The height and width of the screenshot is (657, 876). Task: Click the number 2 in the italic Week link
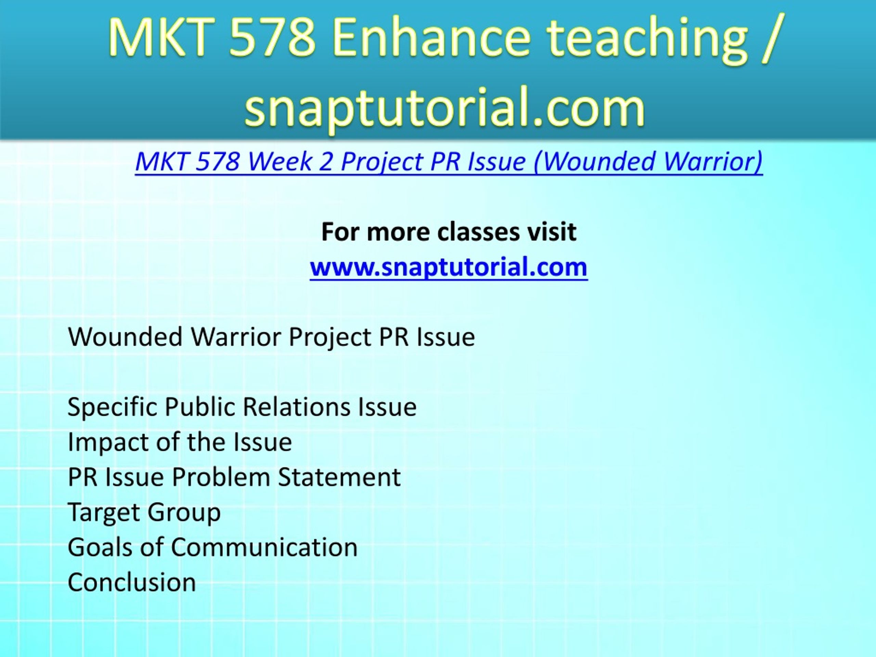pyautogui.click(x=325, y=162)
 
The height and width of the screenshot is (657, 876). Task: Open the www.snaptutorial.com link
pyautogui.click(x=449, y=267)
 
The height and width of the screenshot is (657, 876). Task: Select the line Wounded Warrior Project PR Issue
pyautogui.click(x=271, y=337)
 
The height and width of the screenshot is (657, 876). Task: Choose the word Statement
pyautogui.click(x=339, y=477)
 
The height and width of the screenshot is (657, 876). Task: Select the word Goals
pyautogui.click(x=101, y=547)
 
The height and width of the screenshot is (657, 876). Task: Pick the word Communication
pyautogui.click(x=264, y=547)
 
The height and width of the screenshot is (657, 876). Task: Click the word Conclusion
pyautogui.click(x=132, y=582)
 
